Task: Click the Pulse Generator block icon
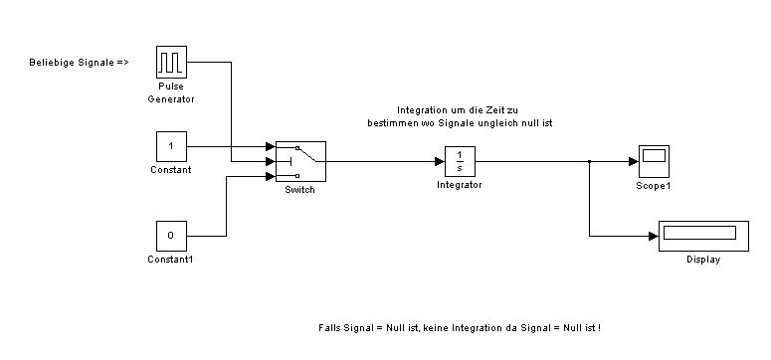(x=171, y=62)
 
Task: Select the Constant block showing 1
(x=171, y=146)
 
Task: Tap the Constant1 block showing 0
(x=171, y=236)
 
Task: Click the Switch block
(x=300, y=161)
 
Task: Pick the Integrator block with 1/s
(x=460, y=161)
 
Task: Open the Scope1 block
(x=654, y=161)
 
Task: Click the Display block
(x=703, y=236)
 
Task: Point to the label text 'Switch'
(x=299, y=190)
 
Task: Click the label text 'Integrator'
(x=460, y=185)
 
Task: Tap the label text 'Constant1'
(x=170, y=260)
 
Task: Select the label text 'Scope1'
(x=654, y=186)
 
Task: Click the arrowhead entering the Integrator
(x=440, y=161)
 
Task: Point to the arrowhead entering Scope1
(x=634, y=161)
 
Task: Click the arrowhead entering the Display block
(x=654, y=236)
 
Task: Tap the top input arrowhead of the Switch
(x=271, y=146)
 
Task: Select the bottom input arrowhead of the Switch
(x=271, y=176)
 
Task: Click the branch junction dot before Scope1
(x=589, y=161)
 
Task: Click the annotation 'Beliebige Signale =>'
(x=79, y=63)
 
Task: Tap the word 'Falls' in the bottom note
(x=329, y=327)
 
